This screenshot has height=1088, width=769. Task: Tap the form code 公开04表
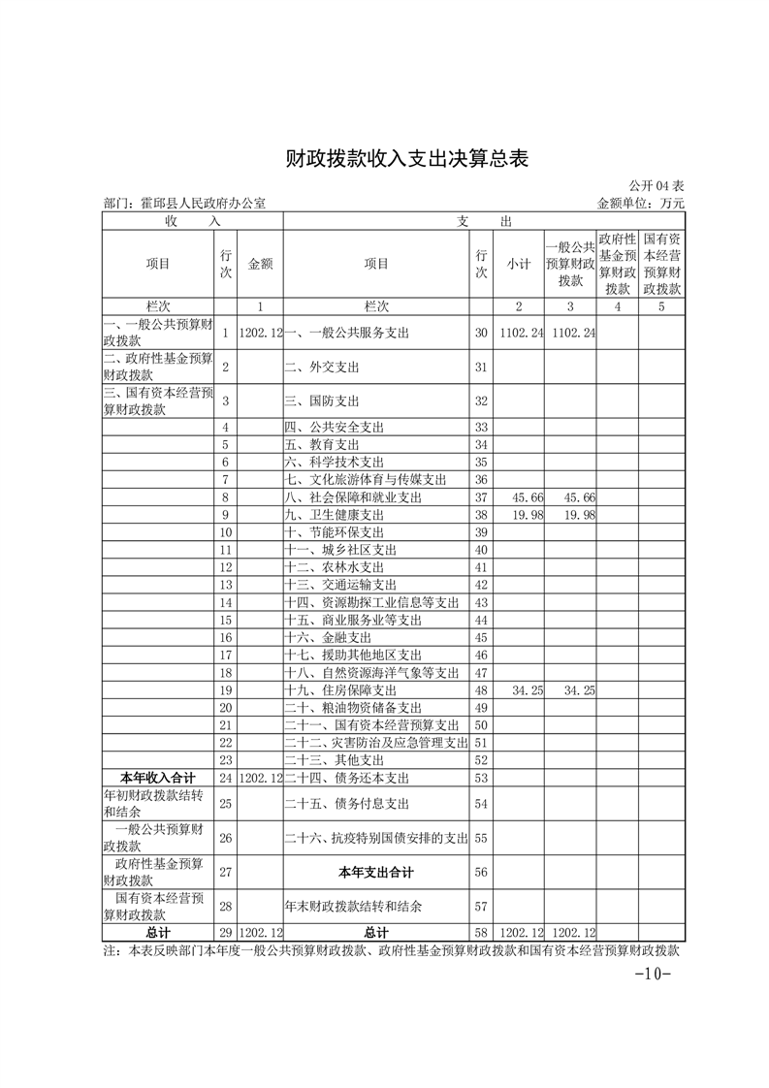[x=657, y=186]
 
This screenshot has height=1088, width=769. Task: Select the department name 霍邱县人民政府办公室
[x=184, y=204]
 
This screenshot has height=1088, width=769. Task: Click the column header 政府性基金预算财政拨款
[x=617, y=264]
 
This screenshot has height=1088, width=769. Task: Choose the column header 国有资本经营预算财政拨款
[x=662, y=264]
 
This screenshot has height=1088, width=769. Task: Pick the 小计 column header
[x=518, y=264]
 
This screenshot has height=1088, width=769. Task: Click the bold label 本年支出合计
[x=376, y=872]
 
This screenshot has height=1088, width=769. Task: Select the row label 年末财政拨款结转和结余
[x=353, y=906]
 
